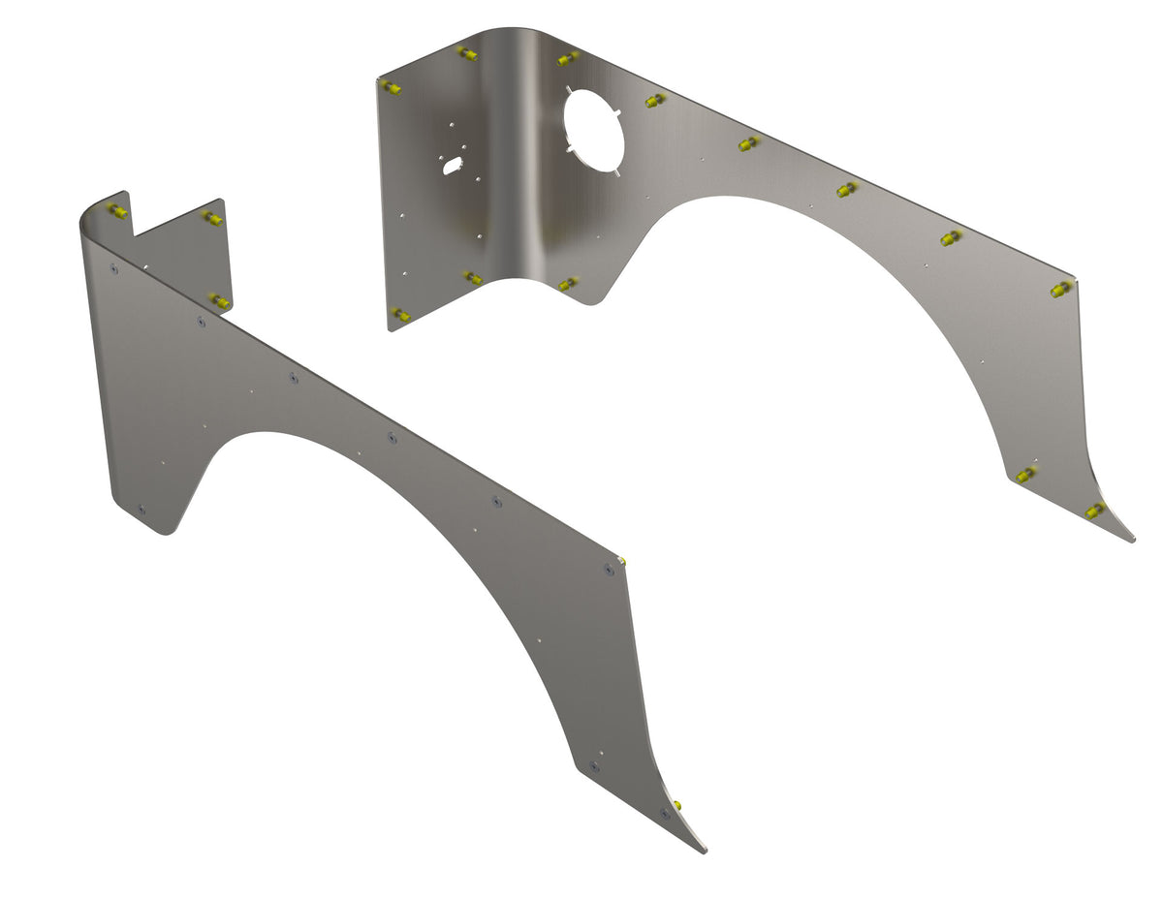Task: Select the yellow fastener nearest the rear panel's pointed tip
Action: [1095, 510]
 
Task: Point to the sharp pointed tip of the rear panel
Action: [1132, 540]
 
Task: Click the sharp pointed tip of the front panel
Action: [704, 851]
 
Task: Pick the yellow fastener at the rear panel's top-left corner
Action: [391, 88]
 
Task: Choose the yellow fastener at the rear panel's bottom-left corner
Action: [400, 314]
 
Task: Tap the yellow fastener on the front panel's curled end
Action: [117, 210]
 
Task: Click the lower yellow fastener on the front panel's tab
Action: [221, 302]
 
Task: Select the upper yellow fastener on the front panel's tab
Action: [212, 218]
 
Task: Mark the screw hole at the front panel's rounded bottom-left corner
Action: [142, 509]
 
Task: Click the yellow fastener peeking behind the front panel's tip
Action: [676, 805]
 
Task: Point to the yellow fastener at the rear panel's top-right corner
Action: [1061, 289]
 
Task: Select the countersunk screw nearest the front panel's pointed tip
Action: [665, 814]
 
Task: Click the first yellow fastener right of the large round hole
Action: [655, 101]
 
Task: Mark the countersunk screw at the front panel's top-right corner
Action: [609, 570]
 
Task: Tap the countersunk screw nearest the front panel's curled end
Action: [114, 269]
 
